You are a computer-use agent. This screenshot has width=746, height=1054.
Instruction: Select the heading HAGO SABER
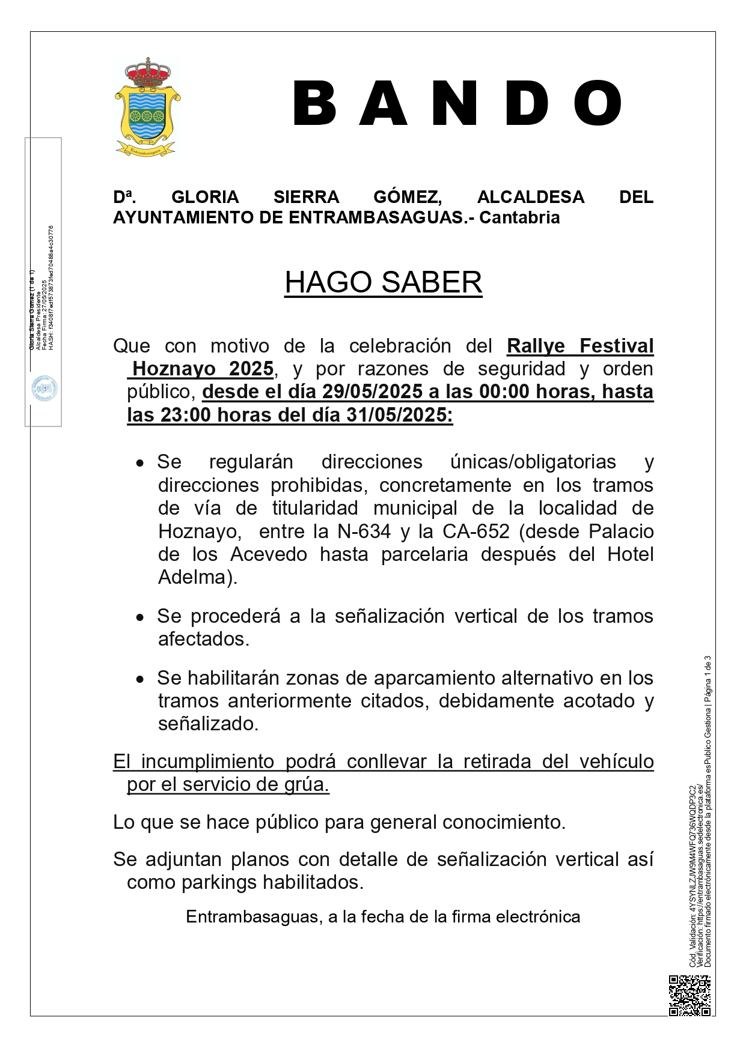383,282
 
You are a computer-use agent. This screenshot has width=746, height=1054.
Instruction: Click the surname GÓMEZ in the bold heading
408,197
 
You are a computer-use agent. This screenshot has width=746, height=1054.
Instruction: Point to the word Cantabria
519,217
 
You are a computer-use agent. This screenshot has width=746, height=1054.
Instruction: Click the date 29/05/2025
372,392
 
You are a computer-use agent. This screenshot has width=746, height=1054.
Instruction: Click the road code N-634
364,531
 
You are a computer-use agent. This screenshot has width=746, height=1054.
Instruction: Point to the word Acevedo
269,554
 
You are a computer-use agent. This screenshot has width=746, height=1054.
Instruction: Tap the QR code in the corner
689,995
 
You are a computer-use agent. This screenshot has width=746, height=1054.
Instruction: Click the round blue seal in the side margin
44,389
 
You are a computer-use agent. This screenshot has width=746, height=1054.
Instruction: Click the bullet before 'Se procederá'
140,617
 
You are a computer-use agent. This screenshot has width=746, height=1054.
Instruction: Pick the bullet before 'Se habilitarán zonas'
140,679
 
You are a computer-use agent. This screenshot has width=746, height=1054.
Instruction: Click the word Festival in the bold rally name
616,346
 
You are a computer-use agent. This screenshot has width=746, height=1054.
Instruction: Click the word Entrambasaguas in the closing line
254,916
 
